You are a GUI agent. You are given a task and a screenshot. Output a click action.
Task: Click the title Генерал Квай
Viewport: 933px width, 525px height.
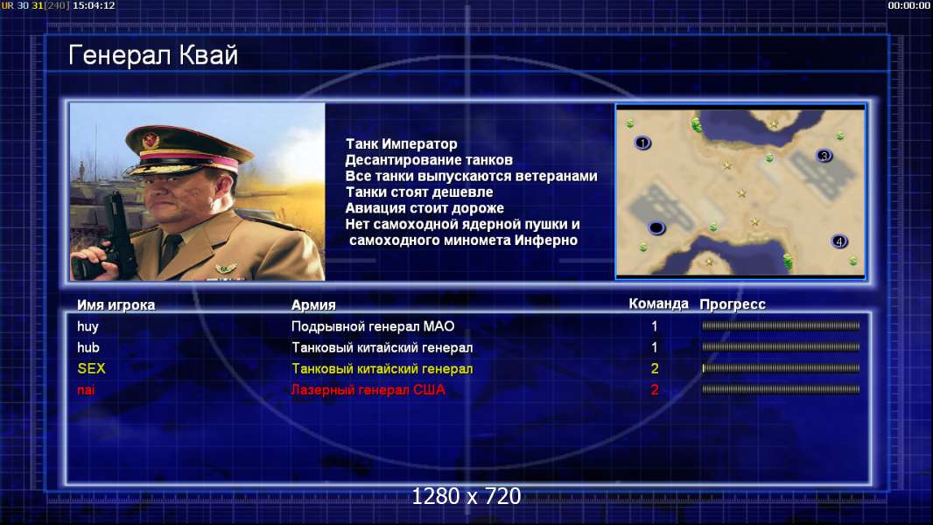click(153, 55)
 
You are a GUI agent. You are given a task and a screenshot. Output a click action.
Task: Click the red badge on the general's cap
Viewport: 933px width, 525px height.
click(151, 140)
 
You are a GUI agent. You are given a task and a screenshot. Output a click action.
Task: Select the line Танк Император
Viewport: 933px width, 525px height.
click(402, 143)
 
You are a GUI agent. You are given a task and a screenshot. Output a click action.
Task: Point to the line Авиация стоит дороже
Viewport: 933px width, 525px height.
click(424, 208)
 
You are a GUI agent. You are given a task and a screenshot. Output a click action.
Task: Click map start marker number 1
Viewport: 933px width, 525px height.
click(642, 143)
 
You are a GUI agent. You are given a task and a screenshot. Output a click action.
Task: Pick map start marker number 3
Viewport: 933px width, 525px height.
click(824, 156)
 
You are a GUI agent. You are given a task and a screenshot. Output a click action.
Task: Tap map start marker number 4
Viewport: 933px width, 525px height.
click(839, 241)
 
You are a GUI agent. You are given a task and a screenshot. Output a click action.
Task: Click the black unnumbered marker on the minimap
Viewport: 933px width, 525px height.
click(656, 227)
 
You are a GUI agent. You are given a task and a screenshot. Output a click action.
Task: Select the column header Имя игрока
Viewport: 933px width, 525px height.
click(116, 305)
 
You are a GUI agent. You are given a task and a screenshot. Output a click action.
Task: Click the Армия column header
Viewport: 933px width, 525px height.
click(313, 305)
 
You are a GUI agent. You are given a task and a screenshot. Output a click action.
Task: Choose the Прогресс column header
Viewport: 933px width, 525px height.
click(733, 304)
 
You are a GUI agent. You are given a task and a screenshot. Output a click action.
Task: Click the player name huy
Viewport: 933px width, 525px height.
click(88, 326)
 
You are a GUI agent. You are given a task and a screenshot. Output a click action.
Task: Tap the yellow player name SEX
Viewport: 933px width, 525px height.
click(91, 368)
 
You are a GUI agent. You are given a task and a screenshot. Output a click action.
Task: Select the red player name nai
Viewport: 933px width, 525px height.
click(86, 390)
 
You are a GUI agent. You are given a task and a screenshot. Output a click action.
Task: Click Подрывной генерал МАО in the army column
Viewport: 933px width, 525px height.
click(373, 326)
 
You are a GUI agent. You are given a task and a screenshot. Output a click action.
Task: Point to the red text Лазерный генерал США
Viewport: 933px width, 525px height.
click(368, 390)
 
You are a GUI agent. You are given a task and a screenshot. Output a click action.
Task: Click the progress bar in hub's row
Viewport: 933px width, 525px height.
click(781, 346)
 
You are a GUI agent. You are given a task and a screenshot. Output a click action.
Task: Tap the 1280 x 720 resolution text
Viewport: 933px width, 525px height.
click(466, 496)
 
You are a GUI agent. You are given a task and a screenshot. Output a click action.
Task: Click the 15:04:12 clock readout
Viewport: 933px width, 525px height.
click(94, 5)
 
